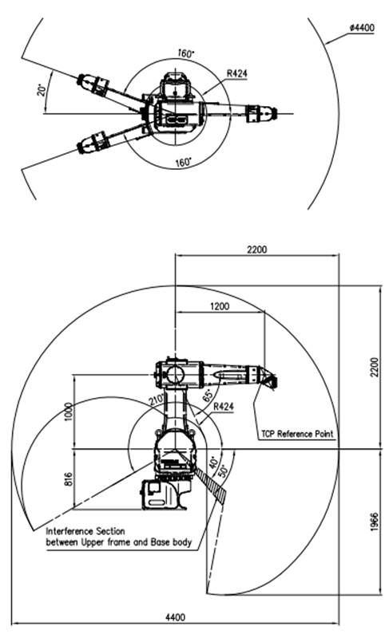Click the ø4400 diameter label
click(x=363, y=28)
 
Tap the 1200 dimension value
click(x=220, y=306)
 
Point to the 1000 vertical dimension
click(x=68, y=412)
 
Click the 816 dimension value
click(x=68, y=479)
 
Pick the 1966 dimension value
click(x=375, y=522)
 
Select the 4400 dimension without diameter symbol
click(x=175, y=617)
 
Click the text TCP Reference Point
click(x=297, y=434)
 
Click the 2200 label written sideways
click(x=375, y=367)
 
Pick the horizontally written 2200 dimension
click(x=257, y=249)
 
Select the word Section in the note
click(x=110, y=531)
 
